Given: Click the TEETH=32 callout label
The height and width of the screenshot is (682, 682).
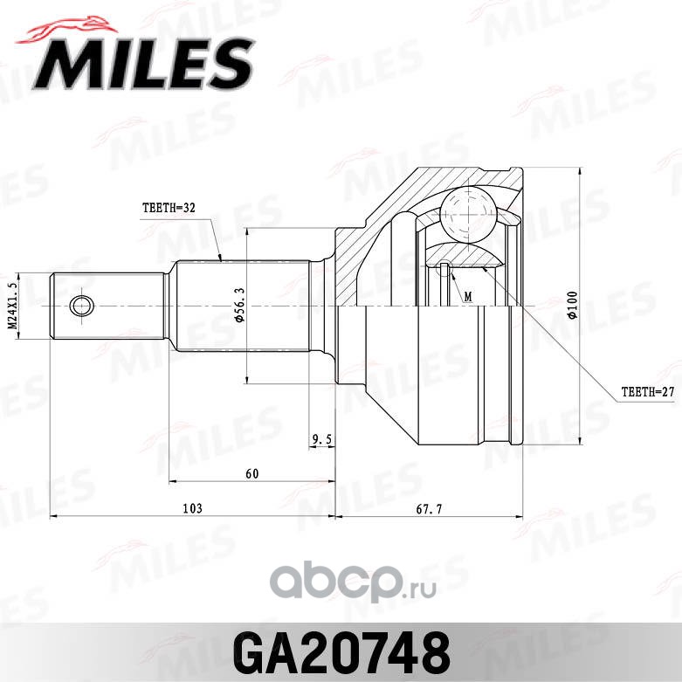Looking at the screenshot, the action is [169, 208].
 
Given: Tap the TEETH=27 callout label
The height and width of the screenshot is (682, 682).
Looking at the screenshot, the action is [648, 392].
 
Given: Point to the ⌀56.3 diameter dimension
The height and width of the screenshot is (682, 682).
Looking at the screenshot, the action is [240, 305].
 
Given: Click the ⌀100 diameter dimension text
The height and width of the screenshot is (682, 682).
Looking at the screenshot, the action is [573, 305].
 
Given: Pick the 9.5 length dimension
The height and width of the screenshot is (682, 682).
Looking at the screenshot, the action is [322, 440].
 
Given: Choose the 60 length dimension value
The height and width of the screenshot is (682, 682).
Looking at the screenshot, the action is [252, 473].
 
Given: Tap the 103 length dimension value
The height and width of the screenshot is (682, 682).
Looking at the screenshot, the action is [192, 508].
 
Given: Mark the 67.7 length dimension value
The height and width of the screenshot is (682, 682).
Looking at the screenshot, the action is [429, 509].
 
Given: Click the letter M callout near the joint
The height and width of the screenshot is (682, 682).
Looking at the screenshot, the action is [468, 297].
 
